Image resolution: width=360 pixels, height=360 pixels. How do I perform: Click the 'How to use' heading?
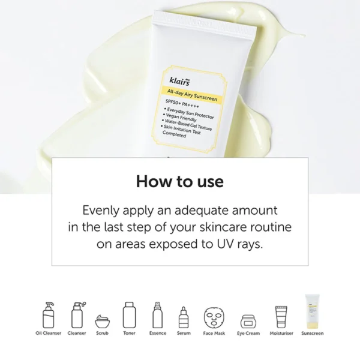179,181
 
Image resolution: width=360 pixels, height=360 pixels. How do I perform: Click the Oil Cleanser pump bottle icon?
48,313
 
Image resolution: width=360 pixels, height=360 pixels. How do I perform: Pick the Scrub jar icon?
102,318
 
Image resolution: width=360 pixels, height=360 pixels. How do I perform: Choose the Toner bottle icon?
128,313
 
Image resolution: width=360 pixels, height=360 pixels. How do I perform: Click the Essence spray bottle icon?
158,313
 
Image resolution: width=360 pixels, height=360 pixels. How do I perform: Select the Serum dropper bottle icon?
184,316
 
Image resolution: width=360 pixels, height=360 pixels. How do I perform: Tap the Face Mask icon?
214,316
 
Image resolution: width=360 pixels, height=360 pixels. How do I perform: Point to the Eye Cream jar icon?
248,319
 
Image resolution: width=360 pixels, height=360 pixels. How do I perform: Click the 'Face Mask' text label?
214,333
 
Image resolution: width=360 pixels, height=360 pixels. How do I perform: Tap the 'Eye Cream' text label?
248,333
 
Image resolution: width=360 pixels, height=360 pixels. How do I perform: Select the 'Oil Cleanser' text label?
48,333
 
